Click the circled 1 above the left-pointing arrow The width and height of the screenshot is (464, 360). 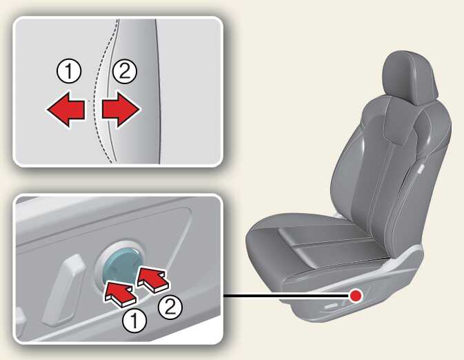(x=69, y=71)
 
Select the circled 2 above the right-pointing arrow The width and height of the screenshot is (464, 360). (x=124, y=71)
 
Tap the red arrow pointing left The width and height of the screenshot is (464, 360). (x=66, y=109)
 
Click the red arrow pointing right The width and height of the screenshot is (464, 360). (x=121, y=109)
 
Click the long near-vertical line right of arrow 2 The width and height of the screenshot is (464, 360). (x=159, y=92)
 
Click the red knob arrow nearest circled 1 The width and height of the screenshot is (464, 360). (x=119, y=293)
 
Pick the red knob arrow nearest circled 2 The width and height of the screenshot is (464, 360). (x=152, y=279)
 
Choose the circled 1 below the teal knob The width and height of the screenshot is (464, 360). (x=134, y=321)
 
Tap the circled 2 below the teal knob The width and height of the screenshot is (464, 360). (x=170, y=308)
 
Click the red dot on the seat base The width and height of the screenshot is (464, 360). (x=355, y=295)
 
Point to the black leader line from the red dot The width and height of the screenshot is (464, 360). (x=286, y=295)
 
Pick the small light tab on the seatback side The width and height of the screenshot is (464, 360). (x=420, y=170)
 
